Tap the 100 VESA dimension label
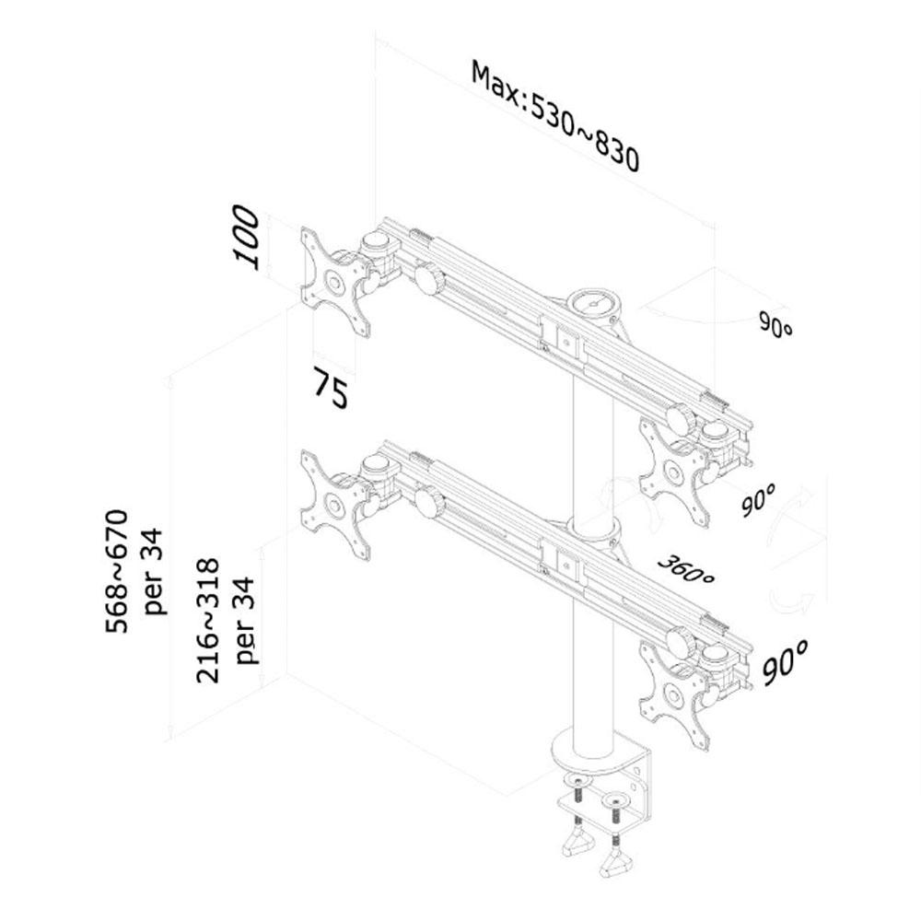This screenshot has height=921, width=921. click(247, 237)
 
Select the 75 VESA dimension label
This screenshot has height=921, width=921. click(331, 387)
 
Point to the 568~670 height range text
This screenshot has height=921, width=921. click(116, 571)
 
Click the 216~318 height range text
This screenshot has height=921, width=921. click(208, 620)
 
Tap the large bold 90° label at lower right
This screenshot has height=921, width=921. click(786, 662)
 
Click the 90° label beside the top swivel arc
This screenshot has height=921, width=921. click(775, 325)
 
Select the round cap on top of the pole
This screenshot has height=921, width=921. click(594, 302)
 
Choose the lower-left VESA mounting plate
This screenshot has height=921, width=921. click(334, 505)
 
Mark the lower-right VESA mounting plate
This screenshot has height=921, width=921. click(673, 694)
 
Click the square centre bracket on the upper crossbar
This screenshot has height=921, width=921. click(566, 342)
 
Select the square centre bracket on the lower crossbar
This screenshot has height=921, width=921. click(566, 565)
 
